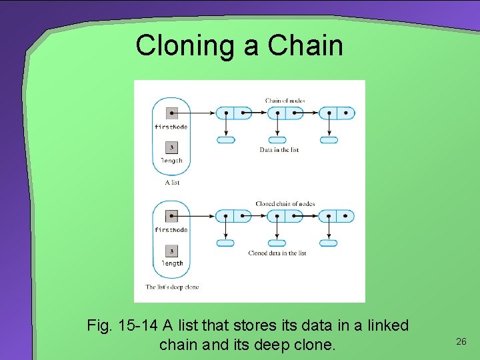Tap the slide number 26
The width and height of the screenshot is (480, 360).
[461, 341]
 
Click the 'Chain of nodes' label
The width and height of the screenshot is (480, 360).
[285, 101]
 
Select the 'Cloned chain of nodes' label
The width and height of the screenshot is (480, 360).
[285, 203]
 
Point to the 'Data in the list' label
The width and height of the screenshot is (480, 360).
[279, 150]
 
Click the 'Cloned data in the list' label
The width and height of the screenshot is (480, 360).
[277, 253]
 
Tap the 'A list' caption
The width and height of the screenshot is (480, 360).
[172, 182]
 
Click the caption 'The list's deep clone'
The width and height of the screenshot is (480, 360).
[172, 287]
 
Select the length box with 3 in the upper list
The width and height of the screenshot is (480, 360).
[172, 148]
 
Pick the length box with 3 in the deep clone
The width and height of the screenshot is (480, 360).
[172, 251]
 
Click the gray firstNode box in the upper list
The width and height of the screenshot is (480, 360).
[172, 113]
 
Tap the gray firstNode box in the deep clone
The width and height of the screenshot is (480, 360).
[172, 216]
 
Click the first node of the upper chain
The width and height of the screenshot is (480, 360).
[234, 113]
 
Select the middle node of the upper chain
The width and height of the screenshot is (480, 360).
[285, 113]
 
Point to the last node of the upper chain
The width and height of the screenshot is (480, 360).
[337, 113]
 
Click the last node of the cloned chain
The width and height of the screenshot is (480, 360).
[336, 216]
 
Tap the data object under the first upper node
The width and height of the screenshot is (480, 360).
[226, 140]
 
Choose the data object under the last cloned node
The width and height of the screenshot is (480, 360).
[328, 243]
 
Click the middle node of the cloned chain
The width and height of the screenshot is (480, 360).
[285, 216]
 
